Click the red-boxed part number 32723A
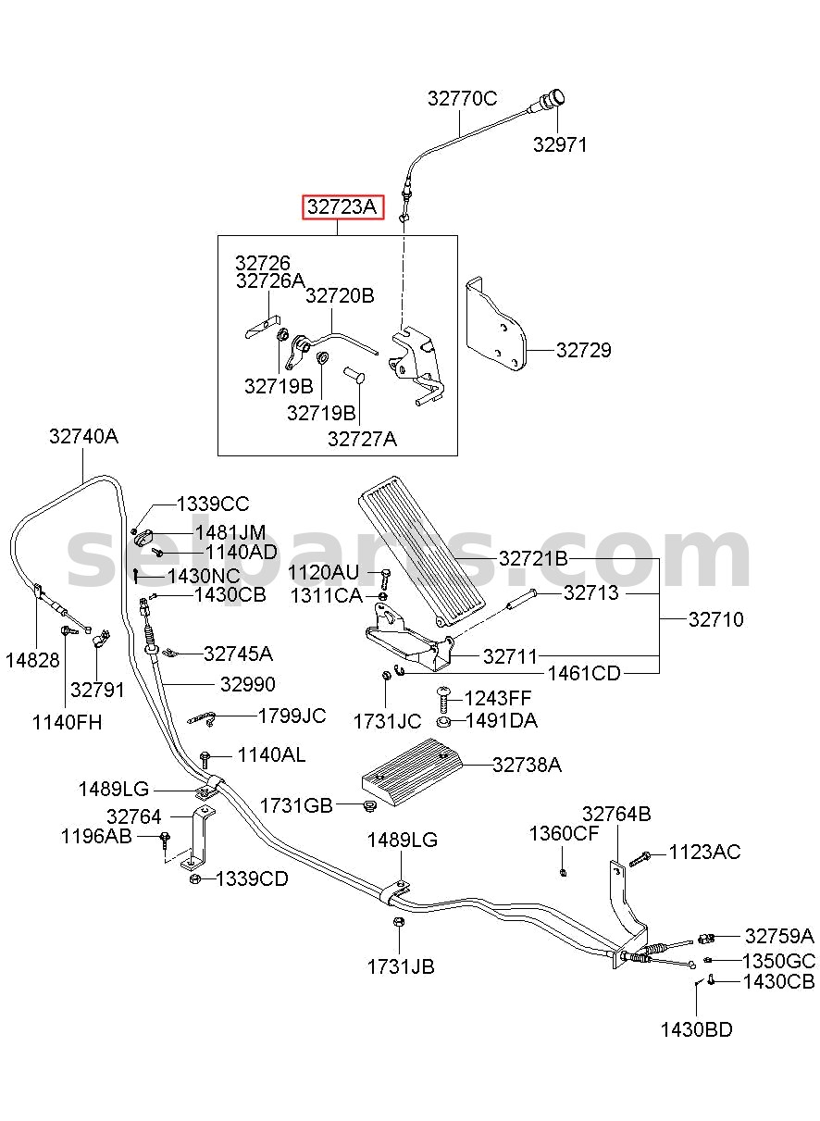point(342,206)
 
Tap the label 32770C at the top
point(462,99)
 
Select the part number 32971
point(559,144)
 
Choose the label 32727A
point(362,439)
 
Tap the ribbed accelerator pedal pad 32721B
point(422,551)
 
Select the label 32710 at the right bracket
point(716,619)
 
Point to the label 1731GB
point(296,806)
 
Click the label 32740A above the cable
point(83,436)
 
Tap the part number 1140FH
point(67,723)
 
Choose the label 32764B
point(616,815)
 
